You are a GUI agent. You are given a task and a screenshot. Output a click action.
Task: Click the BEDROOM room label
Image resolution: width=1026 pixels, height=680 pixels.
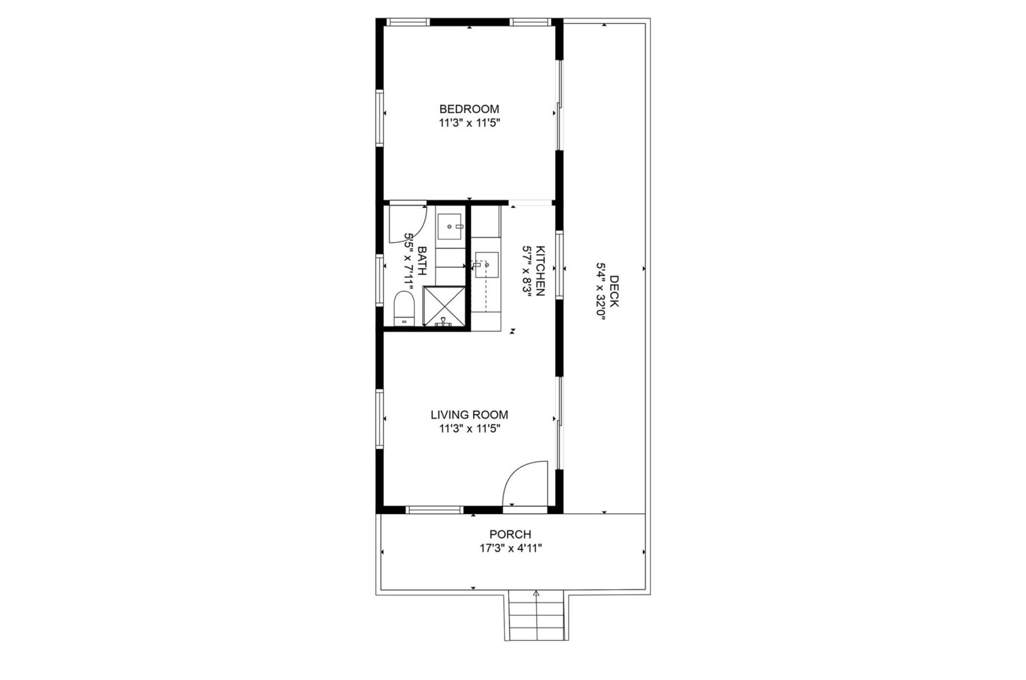point(469,109)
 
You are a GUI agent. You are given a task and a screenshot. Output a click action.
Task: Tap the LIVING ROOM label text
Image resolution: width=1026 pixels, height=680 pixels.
point(469,415)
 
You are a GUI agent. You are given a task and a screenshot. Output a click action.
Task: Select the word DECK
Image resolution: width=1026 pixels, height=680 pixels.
point(614,291)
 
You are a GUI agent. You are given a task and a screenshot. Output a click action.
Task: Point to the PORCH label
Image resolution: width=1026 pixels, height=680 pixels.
point(510,534)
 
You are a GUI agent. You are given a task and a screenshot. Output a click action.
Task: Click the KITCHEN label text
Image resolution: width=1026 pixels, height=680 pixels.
point(540,271)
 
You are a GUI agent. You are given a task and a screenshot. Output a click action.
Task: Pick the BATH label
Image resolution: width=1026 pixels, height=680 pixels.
point(423,261)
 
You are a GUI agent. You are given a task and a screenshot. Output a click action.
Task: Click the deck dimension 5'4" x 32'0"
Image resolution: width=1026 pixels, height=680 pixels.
point(601,291)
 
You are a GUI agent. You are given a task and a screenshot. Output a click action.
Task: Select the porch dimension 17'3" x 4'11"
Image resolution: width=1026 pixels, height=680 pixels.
point(511,548)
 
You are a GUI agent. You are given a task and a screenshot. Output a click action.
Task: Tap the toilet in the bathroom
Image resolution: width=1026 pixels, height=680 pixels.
point(404,308)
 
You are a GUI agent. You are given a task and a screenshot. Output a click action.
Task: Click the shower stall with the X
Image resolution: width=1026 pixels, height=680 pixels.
point(444,306)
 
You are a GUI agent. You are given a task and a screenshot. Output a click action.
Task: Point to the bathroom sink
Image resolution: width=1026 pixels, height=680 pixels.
point(450,226)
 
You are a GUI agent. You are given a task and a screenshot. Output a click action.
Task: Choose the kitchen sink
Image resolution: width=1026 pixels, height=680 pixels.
point(487,265)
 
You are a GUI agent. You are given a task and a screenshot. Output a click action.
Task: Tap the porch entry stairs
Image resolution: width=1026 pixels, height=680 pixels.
point(536,616)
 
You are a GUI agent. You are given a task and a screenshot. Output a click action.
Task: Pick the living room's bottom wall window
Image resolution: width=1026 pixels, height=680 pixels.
point(435,509)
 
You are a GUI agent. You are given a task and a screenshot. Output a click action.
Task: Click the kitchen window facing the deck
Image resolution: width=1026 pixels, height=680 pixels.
point(559,265)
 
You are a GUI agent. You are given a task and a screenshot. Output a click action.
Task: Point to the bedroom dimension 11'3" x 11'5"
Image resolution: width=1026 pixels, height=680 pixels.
point(469,123)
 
